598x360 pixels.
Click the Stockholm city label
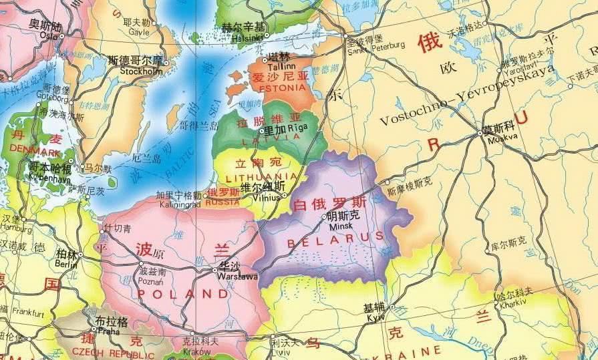click(x=141, y=71)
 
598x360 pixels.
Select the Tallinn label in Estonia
click(x=277, y=66)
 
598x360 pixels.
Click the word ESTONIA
click(x=280, y=87)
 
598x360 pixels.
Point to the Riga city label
click(x=299, y=129)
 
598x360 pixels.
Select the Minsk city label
click(x=344, y=225)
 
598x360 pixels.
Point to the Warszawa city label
click(x=239, y=276)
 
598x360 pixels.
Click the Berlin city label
click(x=66, y=264)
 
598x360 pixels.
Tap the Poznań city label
click(x=150, y=282)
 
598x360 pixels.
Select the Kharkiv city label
click(x=514, y=301)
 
